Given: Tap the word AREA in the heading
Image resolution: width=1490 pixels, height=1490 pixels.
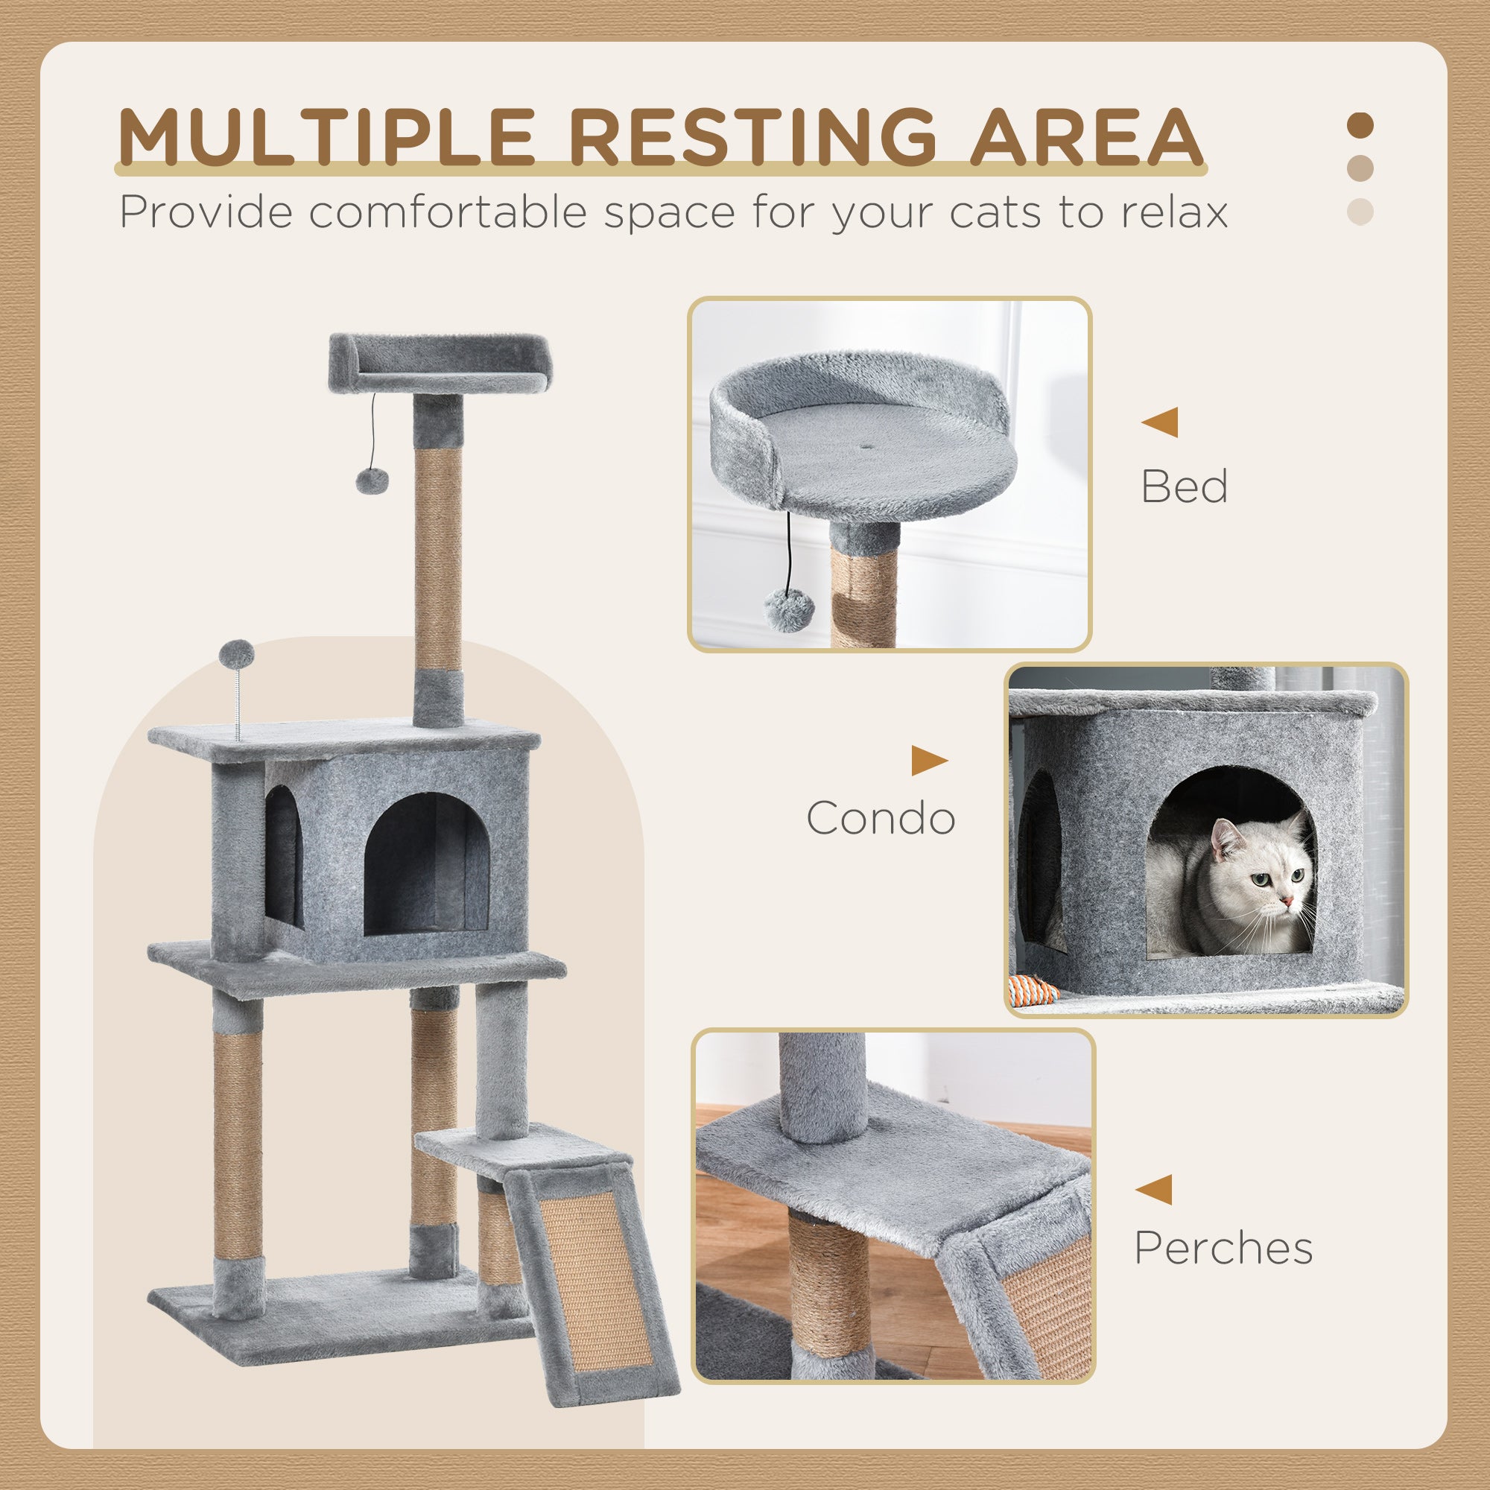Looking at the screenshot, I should click(x=1086, y=136).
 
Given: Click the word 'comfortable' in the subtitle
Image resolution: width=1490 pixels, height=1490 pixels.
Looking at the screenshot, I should click(x=448, y=212).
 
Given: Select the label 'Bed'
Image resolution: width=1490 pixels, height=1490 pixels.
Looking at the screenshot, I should click(x=1184, y=487).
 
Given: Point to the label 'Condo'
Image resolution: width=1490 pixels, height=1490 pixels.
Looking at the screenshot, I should click(x=881, y=818).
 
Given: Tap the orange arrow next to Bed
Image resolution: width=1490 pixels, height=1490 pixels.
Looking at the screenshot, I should click(x=1160, y=422).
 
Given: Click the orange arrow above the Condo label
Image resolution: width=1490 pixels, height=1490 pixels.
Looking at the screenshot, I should click(x=928, y=761).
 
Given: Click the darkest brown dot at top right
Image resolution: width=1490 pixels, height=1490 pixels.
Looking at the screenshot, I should click(x=1360, y=125).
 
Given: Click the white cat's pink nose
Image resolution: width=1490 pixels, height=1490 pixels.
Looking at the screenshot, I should click(x=1287, y=900).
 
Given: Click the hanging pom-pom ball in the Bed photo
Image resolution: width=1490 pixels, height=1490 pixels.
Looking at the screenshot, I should click(x=784, y=610).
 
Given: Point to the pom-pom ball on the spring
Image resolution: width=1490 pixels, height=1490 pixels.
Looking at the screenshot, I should click(x=236, y=654).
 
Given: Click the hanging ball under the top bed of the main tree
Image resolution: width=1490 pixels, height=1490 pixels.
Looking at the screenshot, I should click(x=372, y=481).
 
